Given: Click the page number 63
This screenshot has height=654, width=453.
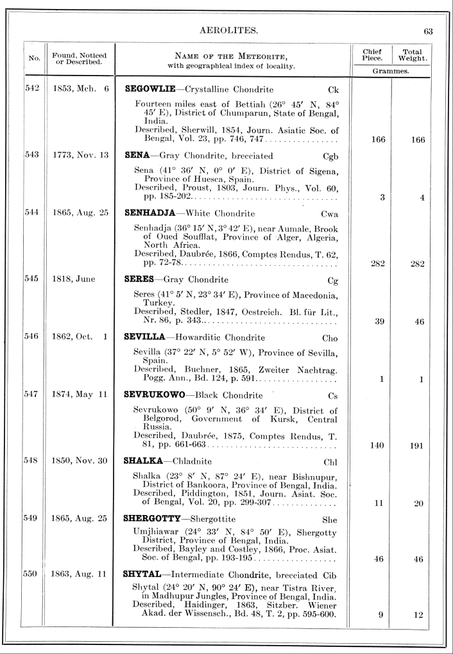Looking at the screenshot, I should [429, 30].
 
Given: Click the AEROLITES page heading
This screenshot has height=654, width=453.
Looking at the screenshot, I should [229, 30].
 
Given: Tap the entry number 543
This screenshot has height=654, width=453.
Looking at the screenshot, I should [32, 156].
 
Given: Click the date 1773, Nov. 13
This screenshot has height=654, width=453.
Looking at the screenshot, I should [81, 156].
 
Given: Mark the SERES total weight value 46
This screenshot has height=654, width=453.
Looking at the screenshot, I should [419, 322].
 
